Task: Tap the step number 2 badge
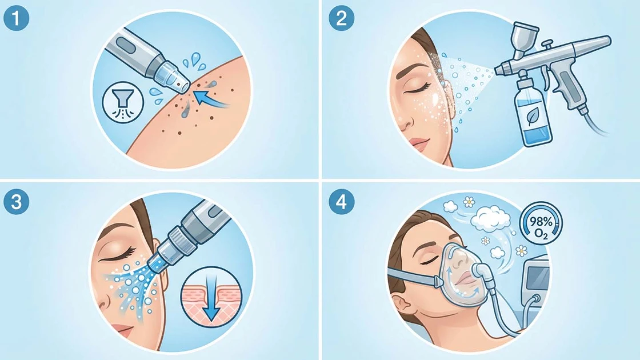(x=342, y=19)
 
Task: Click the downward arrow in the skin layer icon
(x=211, y=298)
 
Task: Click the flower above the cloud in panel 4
(x=469, y=201)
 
